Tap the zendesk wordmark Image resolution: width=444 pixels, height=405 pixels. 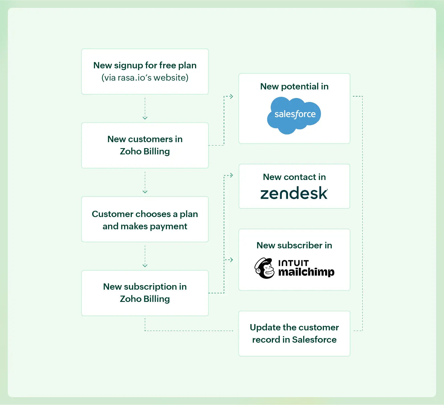[x=294, y=193]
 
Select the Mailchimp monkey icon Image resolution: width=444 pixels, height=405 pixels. [x=264, y=268]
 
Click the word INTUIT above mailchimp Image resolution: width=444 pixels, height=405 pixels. [x=293, y=263]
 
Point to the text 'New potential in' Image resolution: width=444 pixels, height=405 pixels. [x=294, y=86]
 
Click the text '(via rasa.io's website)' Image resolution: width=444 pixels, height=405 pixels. [x=145, y=78]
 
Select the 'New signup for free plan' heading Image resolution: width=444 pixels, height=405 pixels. [x=145, y=65]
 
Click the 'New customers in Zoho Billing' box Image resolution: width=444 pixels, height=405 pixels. [x=145, y=145]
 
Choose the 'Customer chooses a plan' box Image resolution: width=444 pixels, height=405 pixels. [x=145, y=219]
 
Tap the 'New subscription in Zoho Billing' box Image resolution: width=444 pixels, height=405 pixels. [x=145, y=293]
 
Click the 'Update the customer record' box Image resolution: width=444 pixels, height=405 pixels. [x=294, y=334]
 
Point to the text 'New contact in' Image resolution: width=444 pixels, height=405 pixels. [x=294, y=177]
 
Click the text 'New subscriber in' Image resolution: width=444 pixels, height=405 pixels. [x=294, y=245]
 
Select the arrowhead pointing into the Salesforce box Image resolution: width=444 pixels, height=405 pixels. [x=231, y=97]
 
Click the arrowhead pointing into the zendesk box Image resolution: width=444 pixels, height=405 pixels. [x=231, y=175]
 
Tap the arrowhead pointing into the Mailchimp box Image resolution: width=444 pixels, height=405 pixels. [x=231, y=260]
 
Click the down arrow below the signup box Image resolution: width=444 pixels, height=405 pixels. [x=145, y=118]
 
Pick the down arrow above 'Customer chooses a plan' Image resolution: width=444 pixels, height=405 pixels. [x=145, y=192]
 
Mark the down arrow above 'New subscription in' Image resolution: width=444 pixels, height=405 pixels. [x=145, y=265]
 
